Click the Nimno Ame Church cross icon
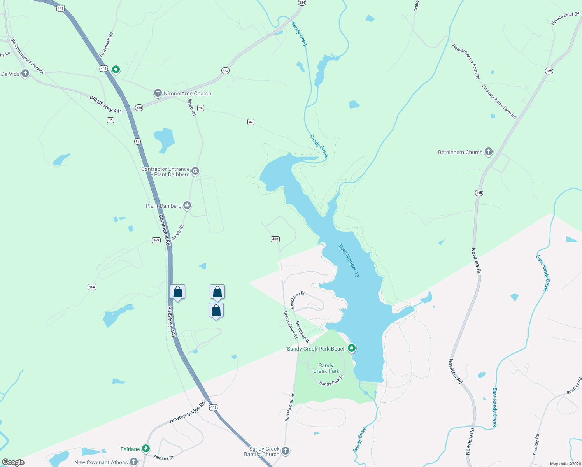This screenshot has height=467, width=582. tap(158, 93)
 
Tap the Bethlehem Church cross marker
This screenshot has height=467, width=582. tap(488, 152)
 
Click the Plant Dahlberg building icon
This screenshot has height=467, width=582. tap(187, 205)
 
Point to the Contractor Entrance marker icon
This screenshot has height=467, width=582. tap(195, 171)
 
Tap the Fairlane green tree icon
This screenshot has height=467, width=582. tap(146, 449)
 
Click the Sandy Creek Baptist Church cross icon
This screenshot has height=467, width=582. tap(286, 451)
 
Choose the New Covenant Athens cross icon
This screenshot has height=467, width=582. tap(134, 462)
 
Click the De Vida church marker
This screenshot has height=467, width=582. tap(25, 73)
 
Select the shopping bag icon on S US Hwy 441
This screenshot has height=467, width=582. tap(177, 292)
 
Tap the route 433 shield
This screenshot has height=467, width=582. tap(275, 239)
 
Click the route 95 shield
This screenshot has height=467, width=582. tap(110, 120)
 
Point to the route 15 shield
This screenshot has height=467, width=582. tap(137, 141)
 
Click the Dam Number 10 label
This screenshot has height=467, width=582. tap(349, 261)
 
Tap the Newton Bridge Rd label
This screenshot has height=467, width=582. tap(187, 413)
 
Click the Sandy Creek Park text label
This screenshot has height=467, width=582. tap(326, 368)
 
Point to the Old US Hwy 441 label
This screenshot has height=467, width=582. tap(105, 104)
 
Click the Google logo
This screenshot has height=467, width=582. tap(13, 462)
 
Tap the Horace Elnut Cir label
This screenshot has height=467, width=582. tap(565, 18)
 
